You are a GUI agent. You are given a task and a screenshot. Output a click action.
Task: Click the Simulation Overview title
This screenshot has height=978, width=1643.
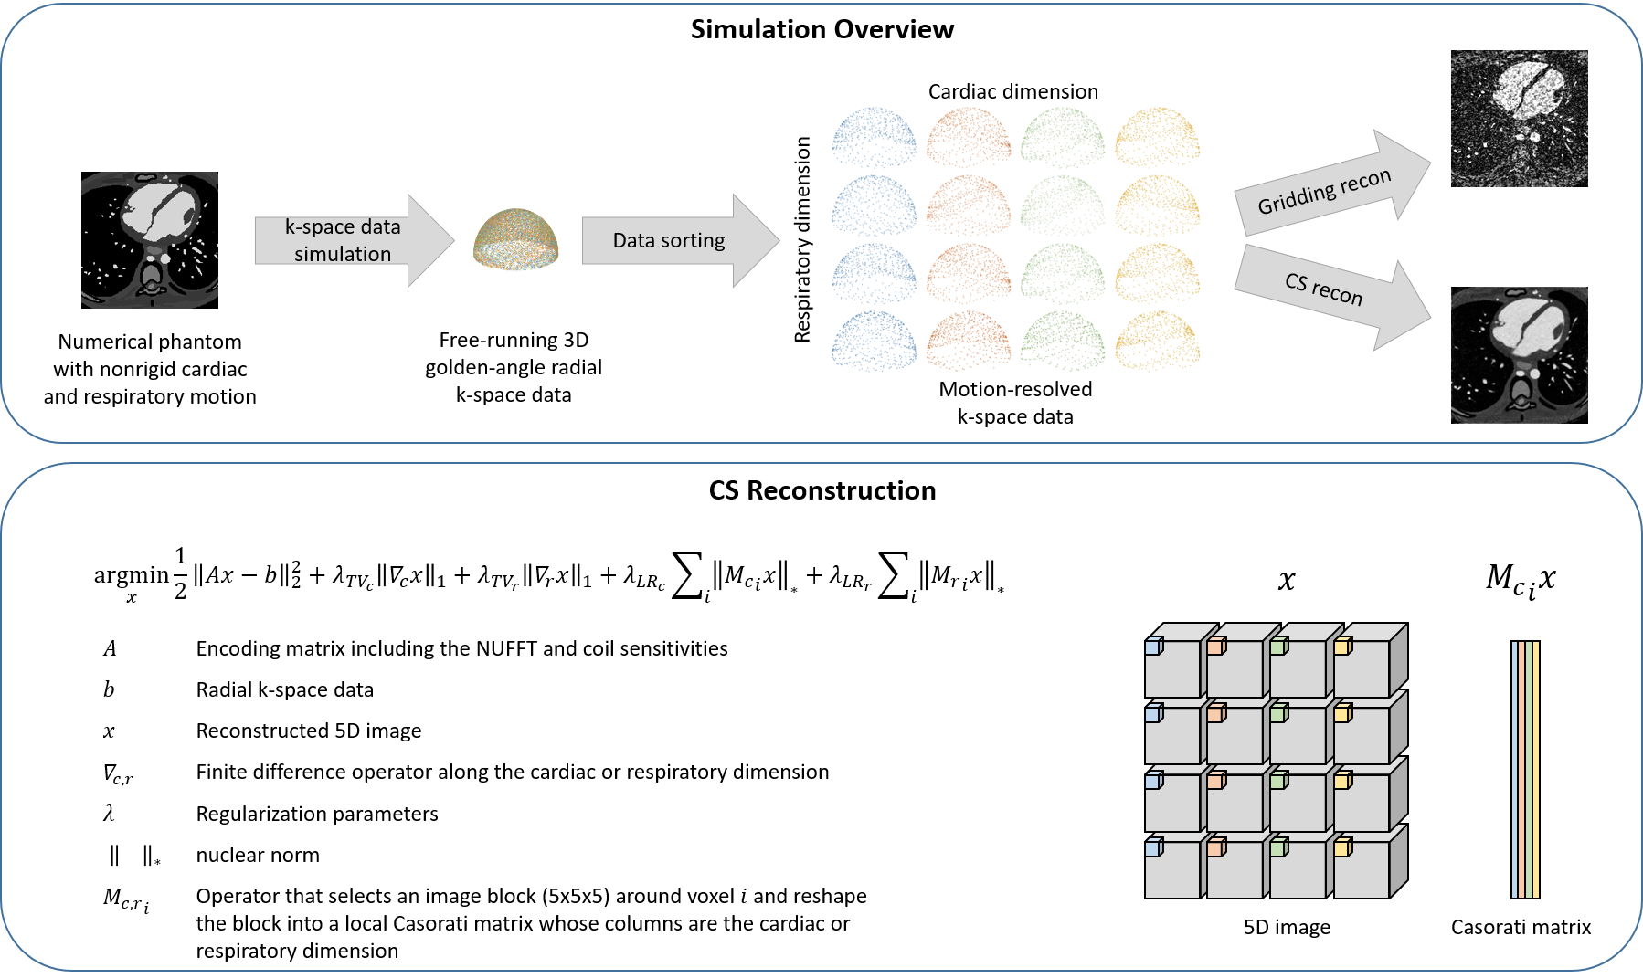pyautogui.click(x=821, y=29)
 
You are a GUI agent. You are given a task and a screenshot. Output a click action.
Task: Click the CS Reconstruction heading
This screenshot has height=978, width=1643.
pyautogui.click(x=821, y=490)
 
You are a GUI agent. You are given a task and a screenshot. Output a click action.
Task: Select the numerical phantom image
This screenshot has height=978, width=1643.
pyautogui.click(x=150, y=239)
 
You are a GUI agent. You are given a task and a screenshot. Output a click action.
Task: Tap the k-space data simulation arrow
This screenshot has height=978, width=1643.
pyautogui.click(x=353, y=240)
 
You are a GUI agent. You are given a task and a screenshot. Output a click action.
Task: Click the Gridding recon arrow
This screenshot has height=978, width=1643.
pyautogui.click(x=1330, y=189)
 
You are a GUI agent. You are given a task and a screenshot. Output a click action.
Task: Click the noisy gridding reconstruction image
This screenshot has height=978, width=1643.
pyautogui.click(x=1519, y=119)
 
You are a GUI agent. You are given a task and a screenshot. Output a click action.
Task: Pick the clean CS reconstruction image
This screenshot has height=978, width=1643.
pyautogui.click(x=1519, y=355)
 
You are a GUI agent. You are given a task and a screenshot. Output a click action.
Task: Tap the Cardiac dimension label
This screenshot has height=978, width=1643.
pyautogui.click(x=1012, y=91)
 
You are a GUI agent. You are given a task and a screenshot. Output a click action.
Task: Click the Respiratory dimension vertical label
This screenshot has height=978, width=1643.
pyautogui.click(x=802, y=239)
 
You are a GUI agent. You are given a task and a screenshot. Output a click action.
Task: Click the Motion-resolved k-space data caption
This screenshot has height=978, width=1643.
pyautogui.click(x=1015, y=403)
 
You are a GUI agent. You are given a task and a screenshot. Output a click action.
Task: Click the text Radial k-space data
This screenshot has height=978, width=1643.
pyautogui.click(x=284, y=689)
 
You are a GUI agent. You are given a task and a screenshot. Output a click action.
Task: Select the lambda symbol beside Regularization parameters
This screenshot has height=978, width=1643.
pyautogui.click(x=109, y=814)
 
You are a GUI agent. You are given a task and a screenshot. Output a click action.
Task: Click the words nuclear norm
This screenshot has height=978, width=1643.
pyautogui.click(x=258, y=855)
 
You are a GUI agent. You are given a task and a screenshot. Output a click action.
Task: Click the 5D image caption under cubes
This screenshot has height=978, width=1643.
pyautogui.click(x=1287, y=927)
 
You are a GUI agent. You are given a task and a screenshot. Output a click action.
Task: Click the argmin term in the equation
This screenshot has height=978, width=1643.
pyautogui.click(x=131, y=575)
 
